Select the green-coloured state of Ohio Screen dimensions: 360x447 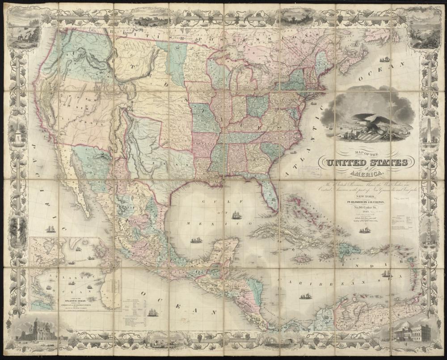point(257,106)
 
